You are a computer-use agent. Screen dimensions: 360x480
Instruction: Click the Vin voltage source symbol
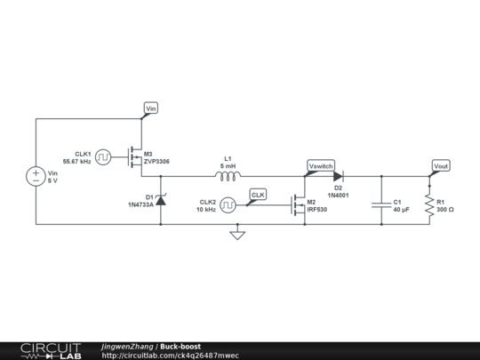36,178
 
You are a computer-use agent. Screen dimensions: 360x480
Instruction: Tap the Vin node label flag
150,108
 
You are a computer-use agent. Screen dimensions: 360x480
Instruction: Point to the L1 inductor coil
228,176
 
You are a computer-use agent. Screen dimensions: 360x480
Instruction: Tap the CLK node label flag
258,194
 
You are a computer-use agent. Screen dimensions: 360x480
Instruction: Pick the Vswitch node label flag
320,166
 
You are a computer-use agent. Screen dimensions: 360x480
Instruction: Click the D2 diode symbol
339,176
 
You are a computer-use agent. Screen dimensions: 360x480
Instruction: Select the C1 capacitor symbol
383,205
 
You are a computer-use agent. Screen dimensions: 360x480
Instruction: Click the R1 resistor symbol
429,205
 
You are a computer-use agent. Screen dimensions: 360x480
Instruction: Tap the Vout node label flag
440,166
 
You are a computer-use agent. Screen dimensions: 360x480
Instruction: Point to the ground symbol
236,235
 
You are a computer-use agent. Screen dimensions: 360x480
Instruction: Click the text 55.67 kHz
77,162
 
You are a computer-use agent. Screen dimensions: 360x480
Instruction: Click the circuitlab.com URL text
170,356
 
